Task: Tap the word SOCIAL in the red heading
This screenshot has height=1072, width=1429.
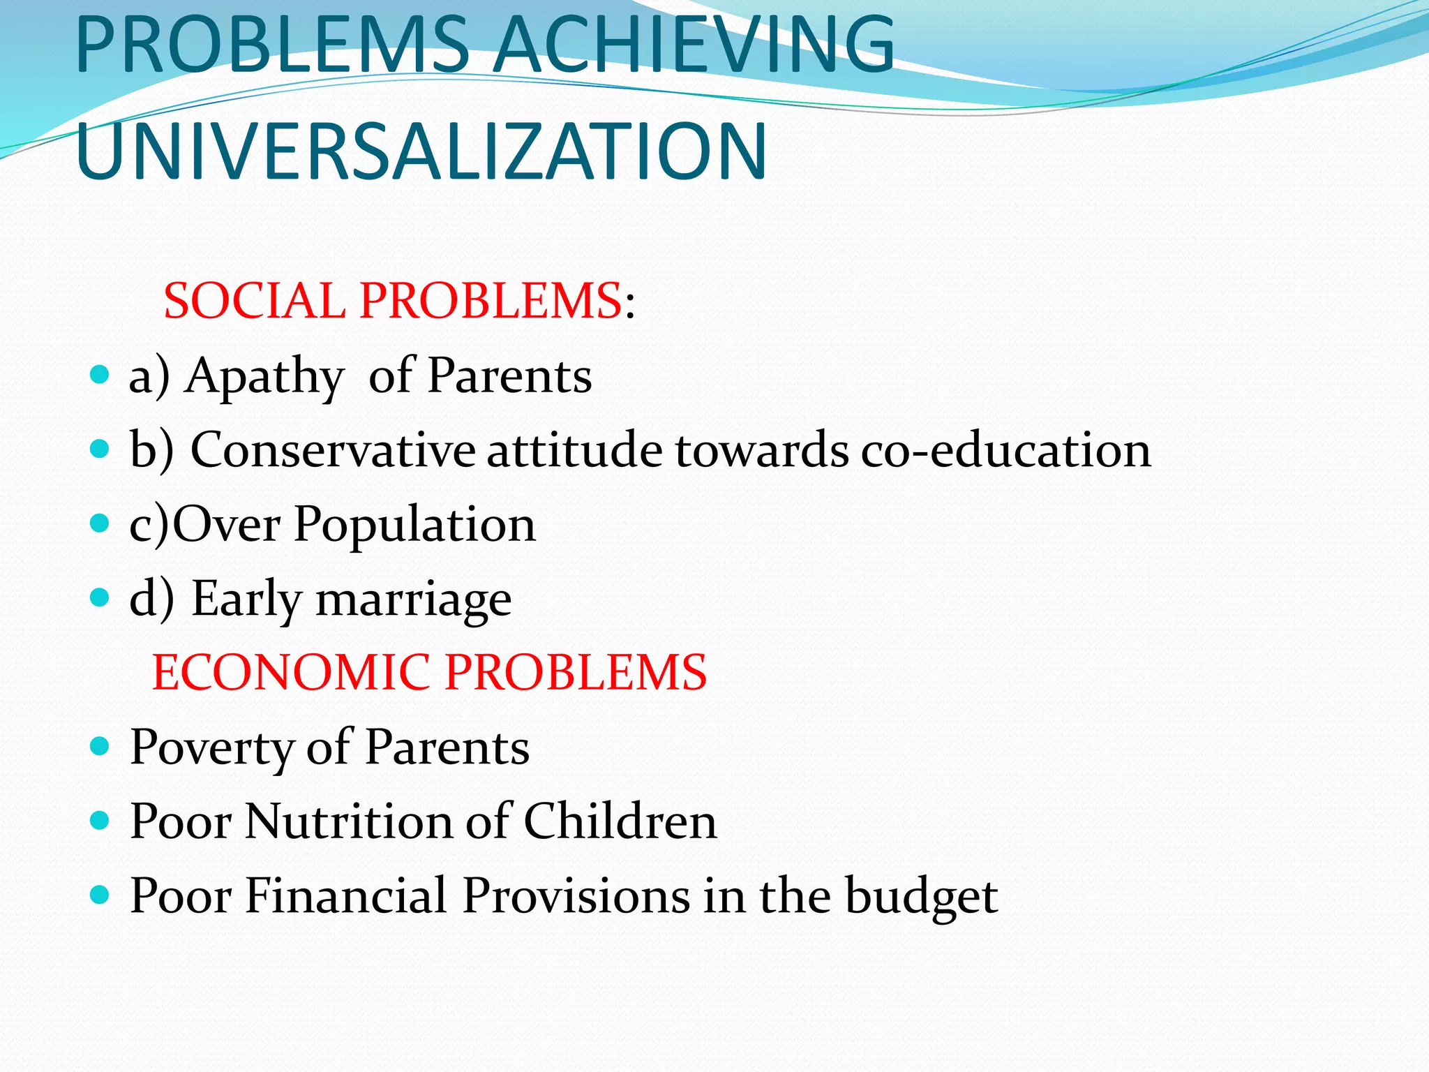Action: click(255, 301)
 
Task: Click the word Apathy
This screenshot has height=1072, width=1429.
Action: click(264, 378)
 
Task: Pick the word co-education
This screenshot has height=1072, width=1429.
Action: click(1005, 450)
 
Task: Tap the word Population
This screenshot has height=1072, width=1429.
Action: click(414, 525)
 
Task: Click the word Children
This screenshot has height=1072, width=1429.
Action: click(620, 821)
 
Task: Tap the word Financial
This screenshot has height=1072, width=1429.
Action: click(345, 896)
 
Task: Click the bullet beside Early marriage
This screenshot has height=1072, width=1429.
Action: click(100, 597)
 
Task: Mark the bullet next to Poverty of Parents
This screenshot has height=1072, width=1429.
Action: click(100, 746)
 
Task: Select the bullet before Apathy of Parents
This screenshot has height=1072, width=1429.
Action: click(100, 375)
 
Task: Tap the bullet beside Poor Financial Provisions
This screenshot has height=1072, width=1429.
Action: click(100, 894)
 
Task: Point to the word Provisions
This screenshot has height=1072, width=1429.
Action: click(576, 896)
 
